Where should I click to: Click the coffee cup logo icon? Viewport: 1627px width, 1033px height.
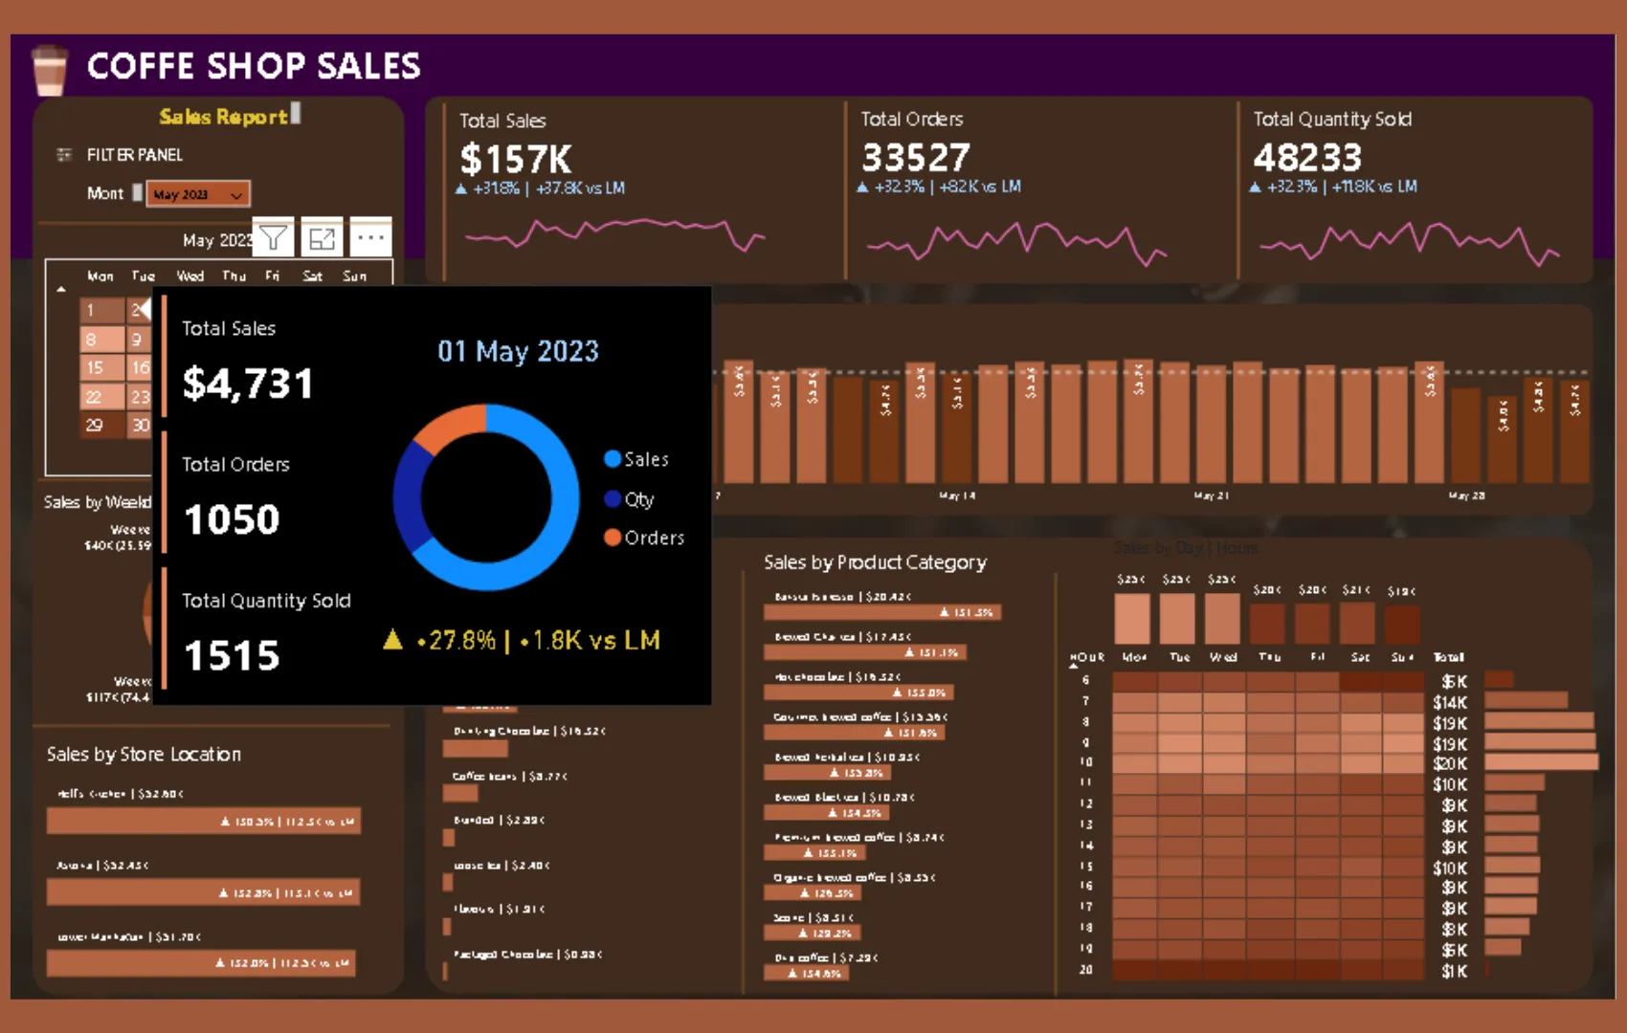49,70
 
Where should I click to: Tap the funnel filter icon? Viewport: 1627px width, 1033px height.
274,237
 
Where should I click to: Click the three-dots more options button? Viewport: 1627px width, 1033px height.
370,237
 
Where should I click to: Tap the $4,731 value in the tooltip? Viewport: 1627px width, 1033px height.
248,385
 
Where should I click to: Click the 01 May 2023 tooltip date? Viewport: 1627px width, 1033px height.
518,351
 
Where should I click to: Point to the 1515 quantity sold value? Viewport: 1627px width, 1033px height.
232,656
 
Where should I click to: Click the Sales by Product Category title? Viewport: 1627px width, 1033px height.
875,562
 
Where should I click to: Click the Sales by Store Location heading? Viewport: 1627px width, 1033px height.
144,755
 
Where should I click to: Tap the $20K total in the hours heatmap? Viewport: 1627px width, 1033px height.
1450,763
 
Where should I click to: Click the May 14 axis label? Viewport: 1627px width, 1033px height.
957,495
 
